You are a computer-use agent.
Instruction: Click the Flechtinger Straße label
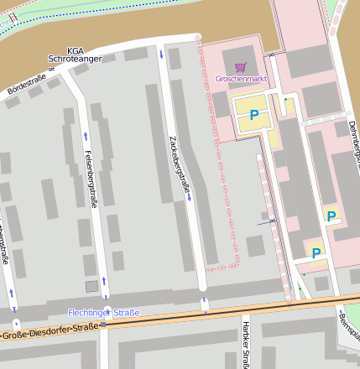104,313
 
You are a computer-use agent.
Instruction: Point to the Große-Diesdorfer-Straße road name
50,333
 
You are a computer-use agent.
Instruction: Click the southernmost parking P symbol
316,252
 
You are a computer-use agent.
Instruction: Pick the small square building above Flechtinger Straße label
91,287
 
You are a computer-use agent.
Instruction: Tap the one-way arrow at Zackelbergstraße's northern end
161,55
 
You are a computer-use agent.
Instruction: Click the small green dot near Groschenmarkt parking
285,100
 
